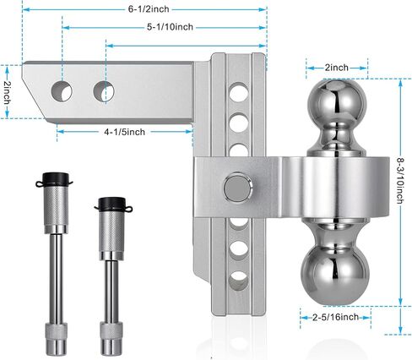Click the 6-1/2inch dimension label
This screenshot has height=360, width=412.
pos(149,9)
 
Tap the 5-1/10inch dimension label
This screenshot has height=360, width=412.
pos(170,27)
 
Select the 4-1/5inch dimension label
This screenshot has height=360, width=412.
pos(125,132)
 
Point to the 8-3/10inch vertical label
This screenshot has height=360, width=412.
pos(400,181)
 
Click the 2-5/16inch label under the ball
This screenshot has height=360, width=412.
pos(335,317)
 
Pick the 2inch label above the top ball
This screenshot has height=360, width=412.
pos(337,68)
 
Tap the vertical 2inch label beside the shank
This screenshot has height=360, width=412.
pos(7,93)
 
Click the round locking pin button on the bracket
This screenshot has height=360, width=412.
pos(238,187)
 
